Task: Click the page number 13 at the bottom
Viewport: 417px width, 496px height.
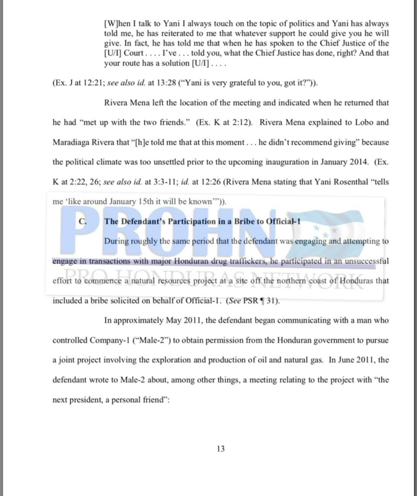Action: [221, 449]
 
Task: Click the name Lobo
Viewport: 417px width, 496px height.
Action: [364, 122]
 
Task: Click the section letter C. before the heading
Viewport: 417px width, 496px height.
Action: [82, 221]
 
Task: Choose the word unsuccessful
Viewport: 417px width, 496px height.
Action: [367, 261]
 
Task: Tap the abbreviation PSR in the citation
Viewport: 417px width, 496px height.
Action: [250, 301]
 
